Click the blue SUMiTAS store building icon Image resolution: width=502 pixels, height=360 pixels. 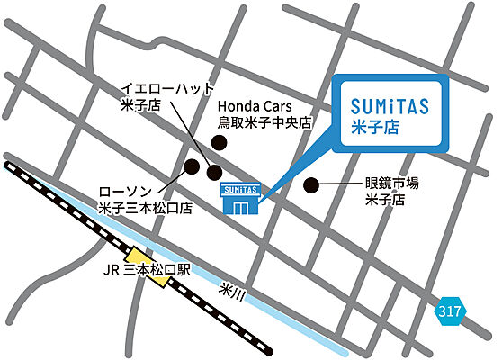click(239, 198)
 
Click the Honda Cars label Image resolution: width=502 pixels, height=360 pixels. click(257, 105)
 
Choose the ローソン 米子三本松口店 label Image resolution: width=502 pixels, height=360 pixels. click(144, 200)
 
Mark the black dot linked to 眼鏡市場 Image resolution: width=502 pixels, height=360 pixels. click(311, 185)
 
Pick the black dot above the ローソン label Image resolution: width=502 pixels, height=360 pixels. click(192, 166)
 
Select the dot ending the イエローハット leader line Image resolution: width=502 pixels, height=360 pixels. click(214, 172)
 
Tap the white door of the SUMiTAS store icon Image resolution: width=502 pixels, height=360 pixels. click(239, 207)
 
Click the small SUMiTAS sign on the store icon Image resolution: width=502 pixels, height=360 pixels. click(239, 189)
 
